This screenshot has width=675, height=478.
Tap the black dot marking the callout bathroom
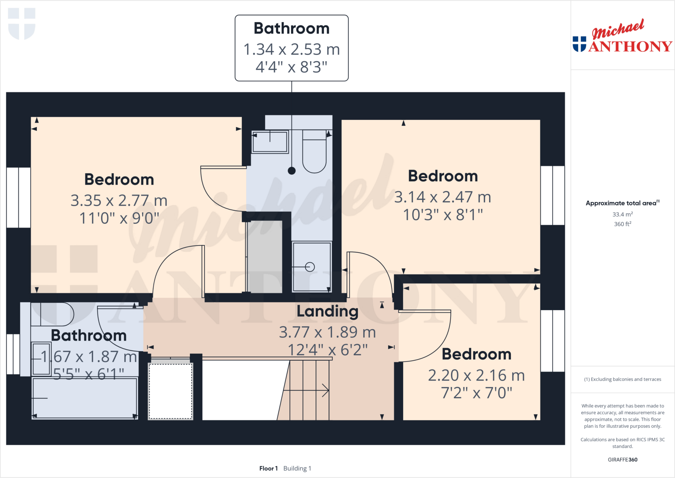292,171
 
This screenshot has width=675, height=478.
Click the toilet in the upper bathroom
314,152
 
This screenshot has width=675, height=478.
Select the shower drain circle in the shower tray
310,267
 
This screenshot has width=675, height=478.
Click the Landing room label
327,311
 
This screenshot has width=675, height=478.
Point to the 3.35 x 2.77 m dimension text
119,200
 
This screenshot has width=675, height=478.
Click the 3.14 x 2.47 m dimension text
443,197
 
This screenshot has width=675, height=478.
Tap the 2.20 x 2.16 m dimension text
476,375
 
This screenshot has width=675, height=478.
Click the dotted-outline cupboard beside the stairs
170,391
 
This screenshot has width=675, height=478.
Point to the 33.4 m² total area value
622,214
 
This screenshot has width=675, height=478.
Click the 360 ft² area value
622,224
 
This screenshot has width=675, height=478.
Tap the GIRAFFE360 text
622,460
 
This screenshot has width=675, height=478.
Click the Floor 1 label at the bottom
268,468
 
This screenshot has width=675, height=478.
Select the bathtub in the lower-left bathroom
84,398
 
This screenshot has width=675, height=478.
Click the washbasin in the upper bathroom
270,142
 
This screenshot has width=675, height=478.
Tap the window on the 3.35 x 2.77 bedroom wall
18,197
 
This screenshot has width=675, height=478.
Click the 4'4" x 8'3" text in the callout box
291,67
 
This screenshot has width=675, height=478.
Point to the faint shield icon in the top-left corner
22,23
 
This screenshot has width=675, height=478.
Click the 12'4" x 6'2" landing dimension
327,350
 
